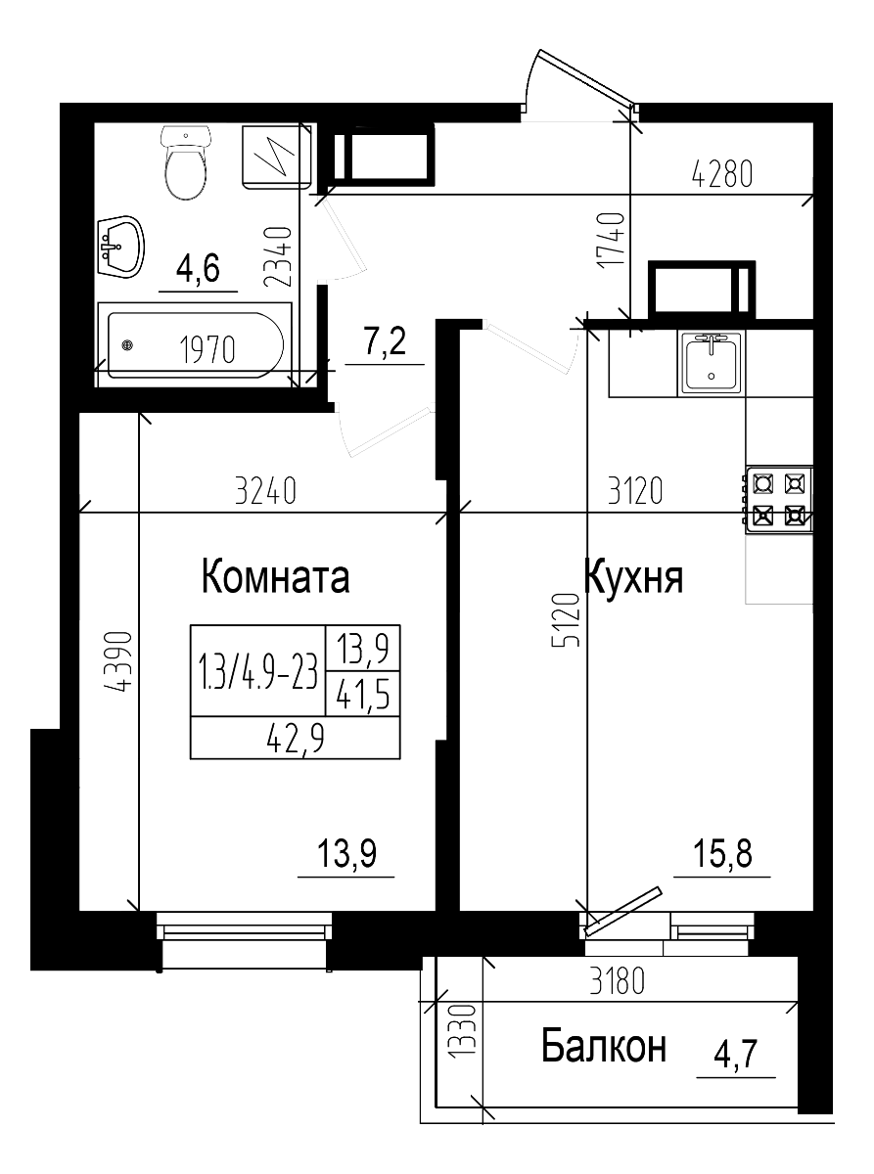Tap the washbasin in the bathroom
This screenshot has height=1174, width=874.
click(x=119, y=245)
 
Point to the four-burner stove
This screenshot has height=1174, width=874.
click(x=779, y=499)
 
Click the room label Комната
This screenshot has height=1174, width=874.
click(x=275, y=577)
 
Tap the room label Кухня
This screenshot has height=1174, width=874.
click(x=634, y=577)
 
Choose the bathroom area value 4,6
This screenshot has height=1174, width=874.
click(x=197, y=267)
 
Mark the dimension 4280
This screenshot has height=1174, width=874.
click(x=722, y=176)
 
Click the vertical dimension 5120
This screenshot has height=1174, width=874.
click(x=567, y=619)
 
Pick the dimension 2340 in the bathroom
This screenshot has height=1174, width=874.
click(x=279, y=256)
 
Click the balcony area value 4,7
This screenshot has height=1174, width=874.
click(x=737, y=1056)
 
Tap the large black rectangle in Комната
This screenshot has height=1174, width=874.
click(x=295, y=692)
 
